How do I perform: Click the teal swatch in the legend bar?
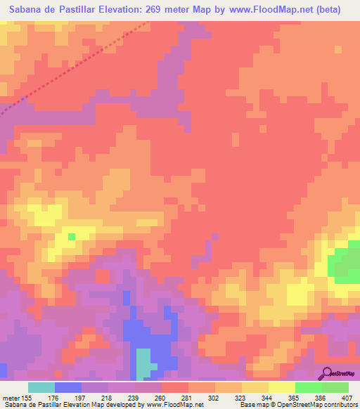(x=41, y=387)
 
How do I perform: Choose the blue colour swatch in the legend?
(x=68, y=387)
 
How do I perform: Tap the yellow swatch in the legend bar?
(x=281, y=387)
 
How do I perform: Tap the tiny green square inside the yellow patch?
(x=71, y=236)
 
